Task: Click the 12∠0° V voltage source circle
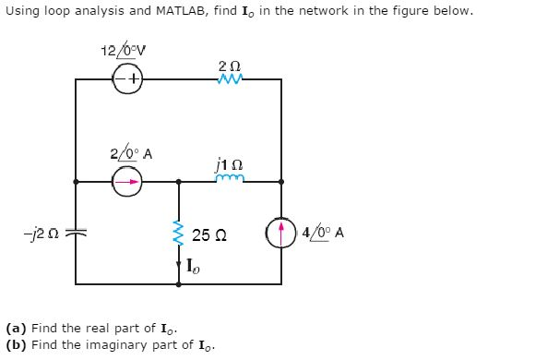(x=128, y=79)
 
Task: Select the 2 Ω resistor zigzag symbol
(x=229, y=79)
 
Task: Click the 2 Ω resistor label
(x=229, y=63)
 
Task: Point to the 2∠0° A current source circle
(x=128, y=182)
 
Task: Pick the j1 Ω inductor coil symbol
(x=229, y=180)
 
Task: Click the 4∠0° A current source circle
(x=281, y=233)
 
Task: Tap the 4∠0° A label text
(x=324, y=233)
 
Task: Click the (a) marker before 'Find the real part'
(x=15, y=328)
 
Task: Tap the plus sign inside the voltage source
(x=134, y=79)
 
